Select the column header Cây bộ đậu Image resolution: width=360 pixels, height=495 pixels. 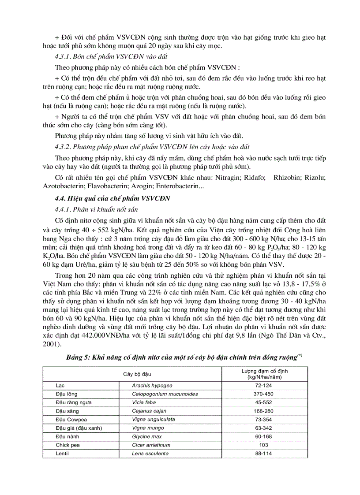[137, 374]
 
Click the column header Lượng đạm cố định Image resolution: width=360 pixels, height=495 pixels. [262, 374]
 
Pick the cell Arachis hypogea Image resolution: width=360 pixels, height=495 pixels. [152, 385]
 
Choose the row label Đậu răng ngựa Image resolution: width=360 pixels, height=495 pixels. [74, 402]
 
